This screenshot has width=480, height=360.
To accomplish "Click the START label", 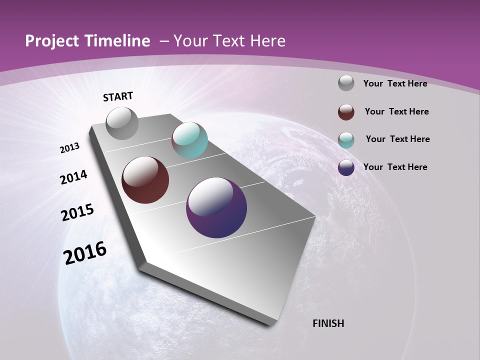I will click(118, 96).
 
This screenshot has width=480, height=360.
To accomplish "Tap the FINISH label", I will click(328, 323).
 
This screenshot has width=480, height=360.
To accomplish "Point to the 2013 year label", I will click(70, 148).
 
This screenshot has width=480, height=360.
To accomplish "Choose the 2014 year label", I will click(74, 177).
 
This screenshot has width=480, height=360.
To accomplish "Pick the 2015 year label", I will click(77, 212).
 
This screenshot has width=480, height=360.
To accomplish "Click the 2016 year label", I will click(85, 253).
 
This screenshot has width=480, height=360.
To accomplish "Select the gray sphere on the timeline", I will click(122, 123).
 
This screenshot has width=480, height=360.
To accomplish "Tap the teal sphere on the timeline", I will click(189, 140).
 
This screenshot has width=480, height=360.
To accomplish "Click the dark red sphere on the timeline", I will click(145, 180).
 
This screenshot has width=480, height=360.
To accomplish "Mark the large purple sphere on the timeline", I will click(216, 207).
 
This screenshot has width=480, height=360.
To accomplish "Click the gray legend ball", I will click(346, 83).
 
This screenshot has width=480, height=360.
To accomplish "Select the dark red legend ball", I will click(346, 112).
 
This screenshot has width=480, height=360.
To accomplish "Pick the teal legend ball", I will click(346, 140).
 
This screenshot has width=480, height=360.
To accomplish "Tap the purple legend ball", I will click(346, 167).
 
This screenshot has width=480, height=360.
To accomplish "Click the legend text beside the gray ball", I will click(395, 83).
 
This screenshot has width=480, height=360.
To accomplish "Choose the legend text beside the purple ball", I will click(395, 167).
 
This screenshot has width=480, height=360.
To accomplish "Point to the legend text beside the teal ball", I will click(397, 139).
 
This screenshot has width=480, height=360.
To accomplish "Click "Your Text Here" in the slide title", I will click(229, 41).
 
